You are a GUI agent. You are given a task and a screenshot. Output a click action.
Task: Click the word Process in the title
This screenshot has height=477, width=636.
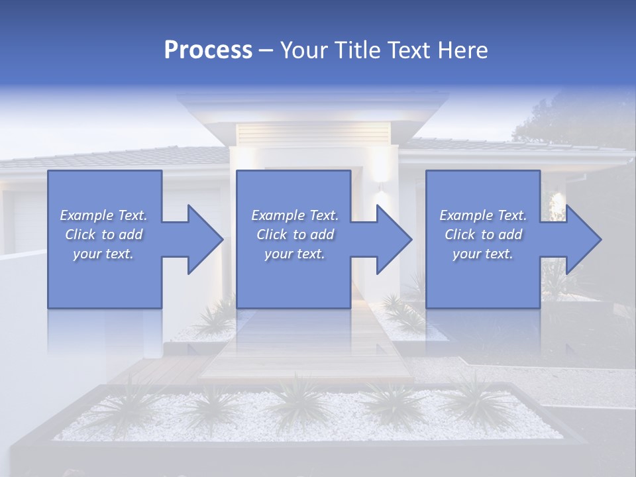point(208,50)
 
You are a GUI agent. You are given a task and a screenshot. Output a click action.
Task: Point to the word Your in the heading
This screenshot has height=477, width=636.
point(303,50)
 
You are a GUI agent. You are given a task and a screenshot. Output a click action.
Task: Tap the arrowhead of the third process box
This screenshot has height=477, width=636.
point(582,239)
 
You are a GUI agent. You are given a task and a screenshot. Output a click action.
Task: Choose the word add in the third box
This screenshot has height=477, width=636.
point(510,235)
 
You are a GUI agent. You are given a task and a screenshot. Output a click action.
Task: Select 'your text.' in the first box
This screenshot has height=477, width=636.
point(103,254)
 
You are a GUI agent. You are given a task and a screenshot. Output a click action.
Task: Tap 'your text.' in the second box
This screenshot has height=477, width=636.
point(294,254)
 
